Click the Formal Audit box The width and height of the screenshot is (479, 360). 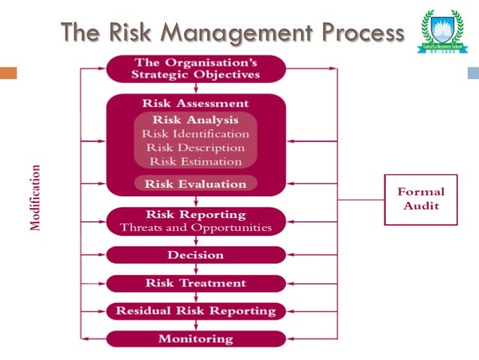click(420, 199)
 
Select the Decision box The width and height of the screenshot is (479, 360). click(196, 255)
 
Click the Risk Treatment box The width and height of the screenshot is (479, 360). click(196, 283)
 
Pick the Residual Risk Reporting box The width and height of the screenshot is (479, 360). click(196, 310)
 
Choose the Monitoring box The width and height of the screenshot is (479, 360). click(196, 338)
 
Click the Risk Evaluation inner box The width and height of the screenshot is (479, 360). click(195, 183)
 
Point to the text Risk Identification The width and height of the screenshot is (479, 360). click(195, 133)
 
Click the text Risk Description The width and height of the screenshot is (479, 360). click(195, 147)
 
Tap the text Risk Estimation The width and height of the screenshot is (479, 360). click(195, 161)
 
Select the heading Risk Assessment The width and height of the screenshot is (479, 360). click(195, 103)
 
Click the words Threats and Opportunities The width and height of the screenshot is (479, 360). click(196, 227)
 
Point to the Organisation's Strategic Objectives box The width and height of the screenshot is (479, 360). click(196, 68)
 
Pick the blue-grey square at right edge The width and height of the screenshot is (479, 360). click(473, 74)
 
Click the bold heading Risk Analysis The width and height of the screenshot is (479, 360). click(195, 119)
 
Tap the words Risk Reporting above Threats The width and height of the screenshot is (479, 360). click(196, 214)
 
